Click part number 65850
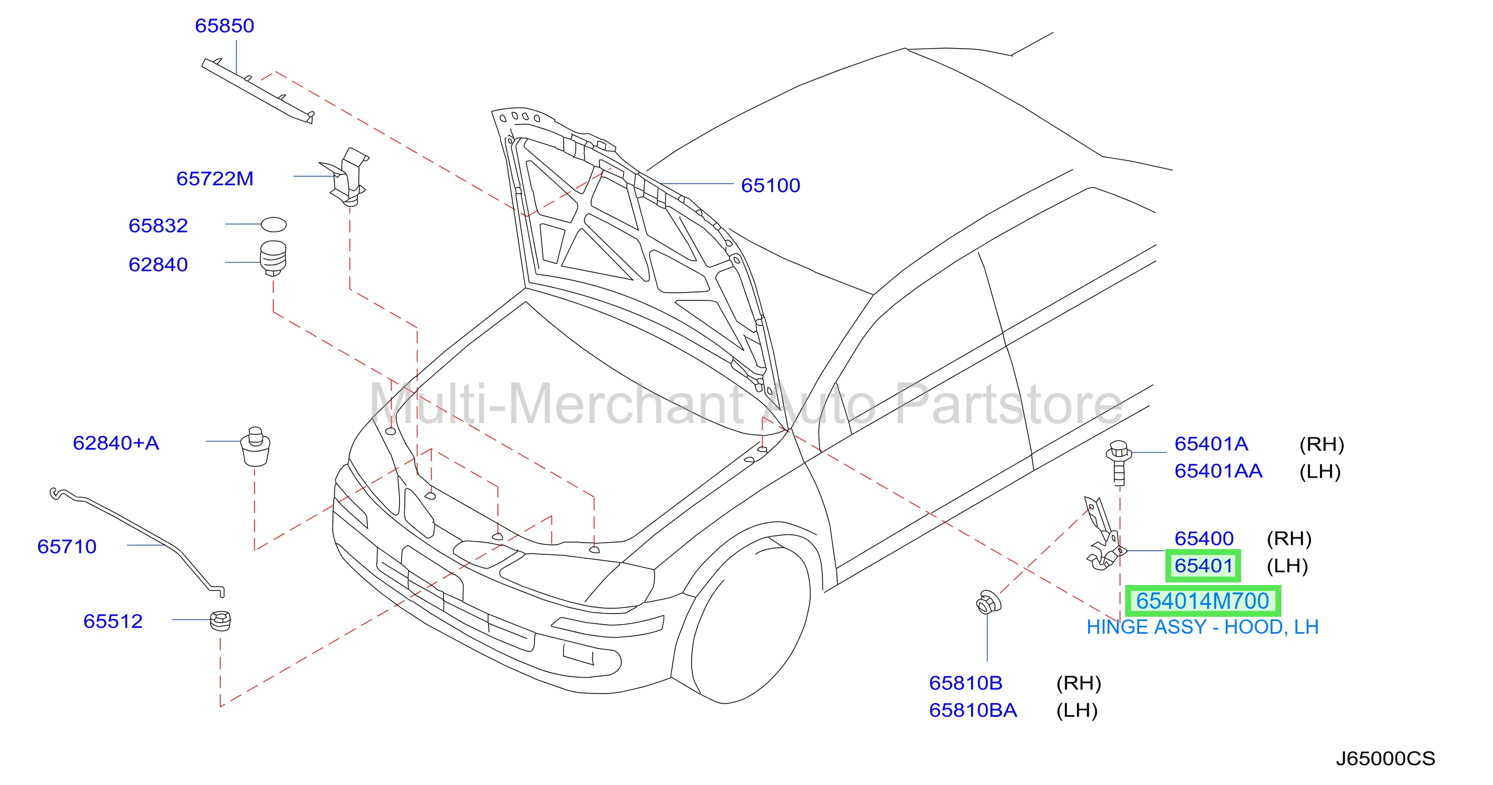224,25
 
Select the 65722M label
215,178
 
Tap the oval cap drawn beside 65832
274,224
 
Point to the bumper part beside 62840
273,258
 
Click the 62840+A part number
116,443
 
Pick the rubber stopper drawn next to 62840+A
256,447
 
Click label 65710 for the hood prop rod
67,546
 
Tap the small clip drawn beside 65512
220,620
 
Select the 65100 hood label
770,185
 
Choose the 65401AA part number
1218,471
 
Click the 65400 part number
1204,539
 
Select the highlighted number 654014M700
1202,601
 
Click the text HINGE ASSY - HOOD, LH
1202,627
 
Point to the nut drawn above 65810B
988,603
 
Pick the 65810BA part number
973,710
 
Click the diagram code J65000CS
1386,759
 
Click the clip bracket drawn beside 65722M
346,177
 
